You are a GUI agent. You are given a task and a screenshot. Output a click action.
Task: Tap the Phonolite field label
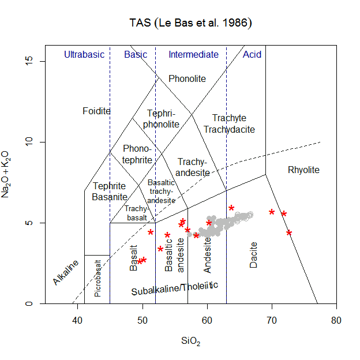(187, 78)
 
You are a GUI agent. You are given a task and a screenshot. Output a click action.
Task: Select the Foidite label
(96, 111)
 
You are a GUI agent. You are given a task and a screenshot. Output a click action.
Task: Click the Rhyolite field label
(303, 170)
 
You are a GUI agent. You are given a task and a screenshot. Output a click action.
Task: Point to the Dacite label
(254, 254)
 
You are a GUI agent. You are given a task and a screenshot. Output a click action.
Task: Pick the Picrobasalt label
(97, 278)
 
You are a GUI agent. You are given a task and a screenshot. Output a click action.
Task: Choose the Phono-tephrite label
(137, 154)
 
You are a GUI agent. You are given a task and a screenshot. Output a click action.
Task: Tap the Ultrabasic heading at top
(84, 55)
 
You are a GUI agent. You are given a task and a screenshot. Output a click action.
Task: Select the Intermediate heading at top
(193, 55)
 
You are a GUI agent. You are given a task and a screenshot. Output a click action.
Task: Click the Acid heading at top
(252, 55)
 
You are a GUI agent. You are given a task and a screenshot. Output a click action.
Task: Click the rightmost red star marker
(289, 232)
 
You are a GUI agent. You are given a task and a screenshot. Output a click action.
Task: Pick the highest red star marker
(231, 208)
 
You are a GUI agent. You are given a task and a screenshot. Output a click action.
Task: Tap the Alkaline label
(66, 272)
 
